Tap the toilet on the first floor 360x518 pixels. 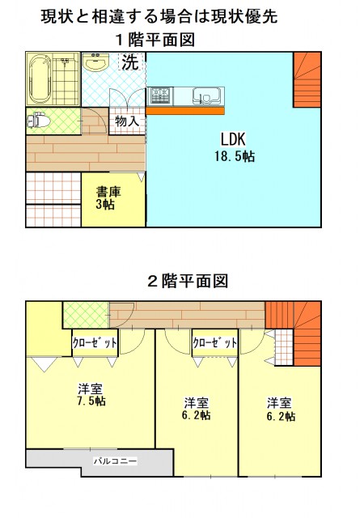click(39, 121)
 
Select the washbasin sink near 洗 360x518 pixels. click(96, 62)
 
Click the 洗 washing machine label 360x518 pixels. click(130, 62)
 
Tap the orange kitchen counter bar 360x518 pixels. click(185, 111)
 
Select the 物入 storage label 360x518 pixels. click(127, 121)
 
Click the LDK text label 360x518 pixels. click(233, 139)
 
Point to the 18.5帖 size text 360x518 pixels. click(235, 156)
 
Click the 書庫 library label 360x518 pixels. click(108, 192)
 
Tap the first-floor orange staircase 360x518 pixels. click(307, 80)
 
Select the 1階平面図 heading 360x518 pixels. click(155, 40)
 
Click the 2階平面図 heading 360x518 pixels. click(188, 282)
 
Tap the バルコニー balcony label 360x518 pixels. click(115, 461)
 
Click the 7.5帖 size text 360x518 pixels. click(91, 401)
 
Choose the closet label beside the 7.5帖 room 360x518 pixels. click(95, 343)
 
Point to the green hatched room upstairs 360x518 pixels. click(86, 315)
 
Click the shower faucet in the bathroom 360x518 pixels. click(65, 62)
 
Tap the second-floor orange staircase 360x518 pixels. click(294, 333)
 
